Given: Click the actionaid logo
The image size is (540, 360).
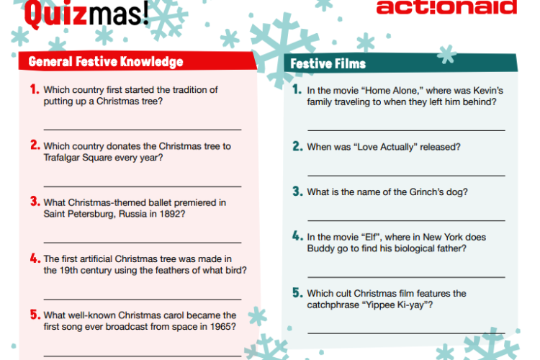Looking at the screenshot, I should point(446,7).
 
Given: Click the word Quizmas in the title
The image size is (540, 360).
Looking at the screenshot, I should point(86,13).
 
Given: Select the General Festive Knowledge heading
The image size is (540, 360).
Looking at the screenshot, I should point(106,61).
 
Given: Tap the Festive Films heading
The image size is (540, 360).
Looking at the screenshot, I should point(328,64).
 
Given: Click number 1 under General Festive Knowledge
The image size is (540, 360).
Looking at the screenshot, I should point(34,90).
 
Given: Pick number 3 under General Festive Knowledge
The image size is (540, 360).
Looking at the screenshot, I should point(34,202).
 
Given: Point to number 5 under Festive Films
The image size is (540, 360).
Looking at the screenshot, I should point(297,293).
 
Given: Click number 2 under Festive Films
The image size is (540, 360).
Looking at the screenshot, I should point(297,146).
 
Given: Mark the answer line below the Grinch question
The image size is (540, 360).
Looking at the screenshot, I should point(406,220).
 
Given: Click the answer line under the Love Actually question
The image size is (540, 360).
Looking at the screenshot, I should point(406,175).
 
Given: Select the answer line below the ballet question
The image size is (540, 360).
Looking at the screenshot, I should point(142,242).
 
